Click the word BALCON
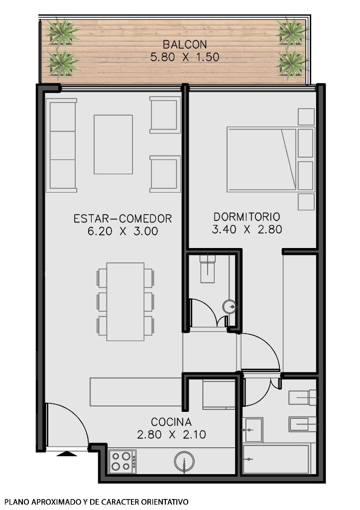coord(184,45)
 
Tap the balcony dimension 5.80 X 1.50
coord(184,57)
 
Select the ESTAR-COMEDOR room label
coord(122,219)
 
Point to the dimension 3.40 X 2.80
coord(247,230)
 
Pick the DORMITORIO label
coord(247,217)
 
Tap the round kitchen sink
coord(185,462)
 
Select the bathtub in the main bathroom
coord(275,459)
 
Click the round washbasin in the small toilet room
coord(230,307)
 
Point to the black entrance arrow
coord(67,453)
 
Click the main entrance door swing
coord(65,423)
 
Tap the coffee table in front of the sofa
coord(113,144)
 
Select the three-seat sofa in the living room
coord(61,145)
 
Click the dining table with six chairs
coord(125,302)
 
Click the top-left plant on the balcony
coord(62,31)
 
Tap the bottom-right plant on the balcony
coord(291,63)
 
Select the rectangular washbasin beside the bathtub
coord(253,429)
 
